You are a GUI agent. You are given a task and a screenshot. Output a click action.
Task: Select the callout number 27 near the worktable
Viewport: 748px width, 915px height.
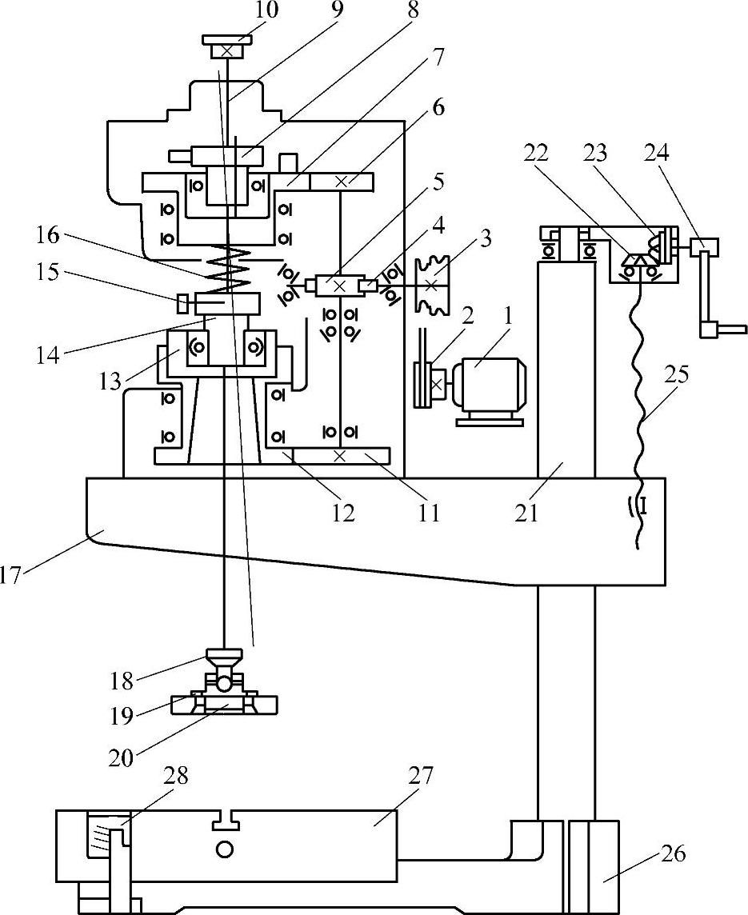tap(422, 777)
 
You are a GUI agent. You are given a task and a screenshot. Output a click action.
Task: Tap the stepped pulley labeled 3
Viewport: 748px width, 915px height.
tap(430, 285)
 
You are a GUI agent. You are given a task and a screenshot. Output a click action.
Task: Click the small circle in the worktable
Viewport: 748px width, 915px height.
tap(225, 849)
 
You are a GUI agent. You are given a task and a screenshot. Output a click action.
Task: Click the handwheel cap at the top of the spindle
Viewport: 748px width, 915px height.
tap(227, 46)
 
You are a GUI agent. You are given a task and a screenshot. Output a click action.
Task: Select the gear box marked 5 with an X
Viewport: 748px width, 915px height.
tap(339, 286)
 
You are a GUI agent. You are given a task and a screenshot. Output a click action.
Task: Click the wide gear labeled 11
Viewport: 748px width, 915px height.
tap(341, 456)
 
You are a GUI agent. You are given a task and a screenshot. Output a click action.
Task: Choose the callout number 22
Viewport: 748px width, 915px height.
tap(536, 153)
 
